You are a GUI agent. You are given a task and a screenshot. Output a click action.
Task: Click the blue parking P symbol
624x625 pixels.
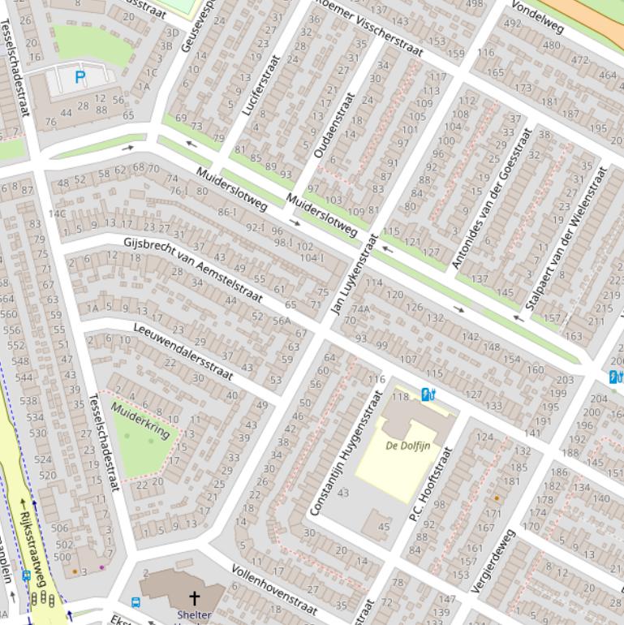80,78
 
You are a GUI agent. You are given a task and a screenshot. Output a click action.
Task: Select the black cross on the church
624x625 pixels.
194,600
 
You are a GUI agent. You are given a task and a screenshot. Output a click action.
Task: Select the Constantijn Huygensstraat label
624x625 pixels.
346,452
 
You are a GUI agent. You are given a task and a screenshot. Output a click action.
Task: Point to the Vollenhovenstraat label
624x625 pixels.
273,588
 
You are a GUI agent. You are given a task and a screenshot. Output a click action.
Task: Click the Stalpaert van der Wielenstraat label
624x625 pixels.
566,238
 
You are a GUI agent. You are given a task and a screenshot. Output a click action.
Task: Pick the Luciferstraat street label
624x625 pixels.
260,84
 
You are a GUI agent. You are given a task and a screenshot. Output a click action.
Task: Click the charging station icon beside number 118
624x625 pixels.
428,394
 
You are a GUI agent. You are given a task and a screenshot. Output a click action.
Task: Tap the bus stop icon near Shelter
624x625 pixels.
136,603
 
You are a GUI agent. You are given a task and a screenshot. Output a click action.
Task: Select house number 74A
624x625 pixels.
359,309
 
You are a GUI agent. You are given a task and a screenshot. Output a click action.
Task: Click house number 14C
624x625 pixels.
56,214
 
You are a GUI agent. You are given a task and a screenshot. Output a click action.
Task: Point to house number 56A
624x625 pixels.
281,321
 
